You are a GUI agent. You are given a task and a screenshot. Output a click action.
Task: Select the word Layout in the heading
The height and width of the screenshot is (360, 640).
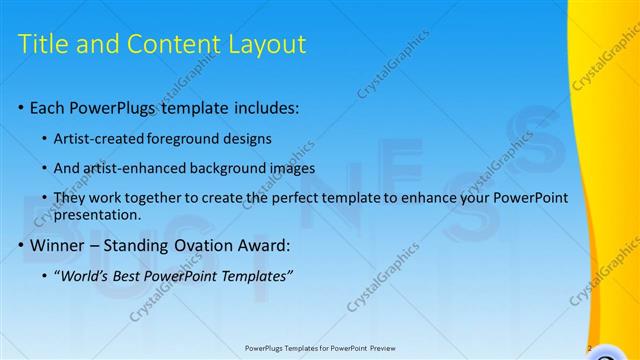click(269, 44)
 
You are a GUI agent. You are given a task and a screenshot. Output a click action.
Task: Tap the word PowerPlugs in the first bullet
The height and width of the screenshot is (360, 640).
click(122, 107)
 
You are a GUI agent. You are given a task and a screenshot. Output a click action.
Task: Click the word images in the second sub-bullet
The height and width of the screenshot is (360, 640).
click(293, 168)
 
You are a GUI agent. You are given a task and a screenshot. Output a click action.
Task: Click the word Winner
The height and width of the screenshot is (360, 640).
click(58, 245)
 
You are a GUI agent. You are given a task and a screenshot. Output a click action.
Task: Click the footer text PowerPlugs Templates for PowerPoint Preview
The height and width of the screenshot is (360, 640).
click(319, 349)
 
